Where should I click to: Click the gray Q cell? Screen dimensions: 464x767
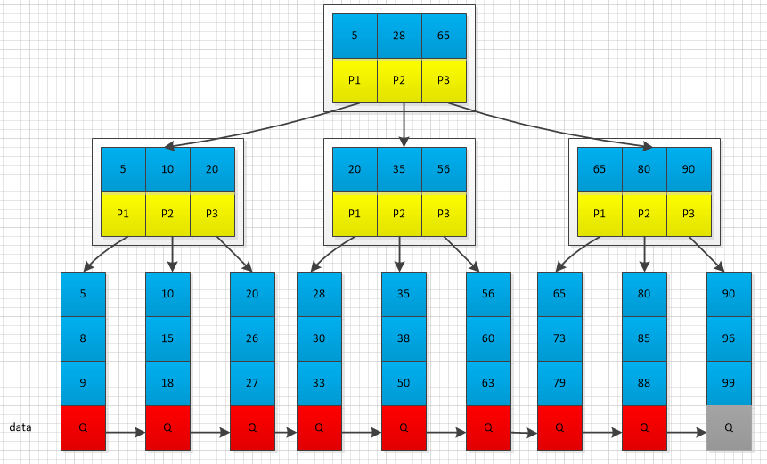click(x=729, y=427)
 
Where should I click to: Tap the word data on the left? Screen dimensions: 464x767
click(x=20, y=427)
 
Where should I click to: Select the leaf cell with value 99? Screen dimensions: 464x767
click(x=729, y=383)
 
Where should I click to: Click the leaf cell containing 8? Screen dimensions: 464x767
click(x=83, y=338)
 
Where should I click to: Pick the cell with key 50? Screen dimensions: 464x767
click(x=404, y=383)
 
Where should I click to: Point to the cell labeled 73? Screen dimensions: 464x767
click(x=559, y=338)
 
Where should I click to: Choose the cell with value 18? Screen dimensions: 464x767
click(x=167, y=383)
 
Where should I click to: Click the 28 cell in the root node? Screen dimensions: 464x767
click(x=399, y=36)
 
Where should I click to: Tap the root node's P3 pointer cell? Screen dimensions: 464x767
click(x=444, y=80)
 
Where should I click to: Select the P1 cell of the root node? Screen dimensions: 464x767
click(x=355, y=80)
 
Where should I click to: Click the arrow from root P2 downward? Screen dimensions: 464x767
click(x=404, y=125)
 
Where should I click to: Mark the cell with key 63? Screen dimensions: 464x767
click(x=488, y=383)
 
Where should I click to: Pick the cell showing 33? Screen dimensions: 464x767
click(x=319, y=383)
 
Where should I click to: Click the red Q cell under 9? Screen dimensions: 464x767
click(x=83, y=427)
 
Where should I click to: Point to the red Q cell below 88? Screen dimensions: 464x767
click(x=644, y=427)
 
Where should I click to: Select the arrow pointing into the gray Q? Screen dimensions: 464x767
click(x=686, y=434)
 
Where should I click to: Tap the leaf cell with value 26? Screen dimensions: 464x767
click(x=252, y=338)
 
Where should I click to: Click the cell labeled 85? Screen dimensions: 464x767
click(x=644, y=338)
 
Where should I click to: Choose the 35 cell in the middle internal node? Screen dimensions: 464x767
click(x=399, y=169)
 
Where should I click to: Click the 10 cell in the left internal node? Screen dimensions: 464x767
click(x=167, y=169)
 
